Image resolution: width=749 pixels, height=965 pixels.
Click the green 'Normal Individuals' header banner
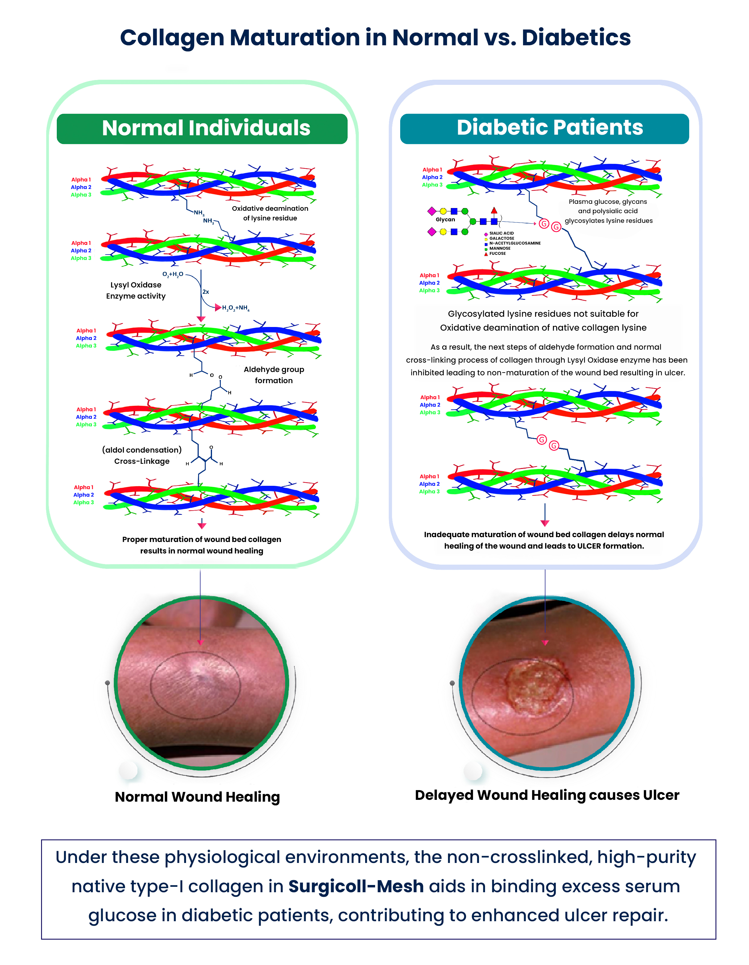tap(202, 129)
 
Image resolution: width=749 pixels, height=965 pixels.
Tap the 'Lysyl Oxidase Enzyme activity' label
tap(136, 290)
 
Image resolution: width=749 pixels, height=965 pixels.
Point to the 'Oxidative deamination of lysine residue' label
tap(270, 213)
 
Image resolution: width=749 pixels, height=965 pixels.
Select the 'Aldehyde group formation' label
tap(274, 375)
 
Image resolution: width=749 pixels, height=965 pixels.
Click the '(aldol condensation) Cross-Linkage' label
tap(142, 455)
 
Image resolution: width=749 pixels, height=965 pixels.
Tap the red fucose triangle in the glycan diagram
tap(494, 210)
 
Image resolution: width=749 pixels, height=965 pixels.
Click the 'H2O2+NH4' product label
tap(236, 308)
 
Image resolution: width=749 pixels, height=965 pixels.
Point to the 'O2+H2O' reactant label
tap(173, 274)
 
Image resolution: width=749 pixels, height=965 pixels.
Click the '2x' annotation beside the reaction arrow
tap(205, 292)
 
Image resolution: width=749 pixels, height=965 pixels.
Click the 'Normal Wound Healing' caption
tap(197, 797)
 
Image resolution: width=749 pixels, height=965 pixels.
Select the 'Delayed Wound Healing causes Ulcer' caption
tap(547, 795)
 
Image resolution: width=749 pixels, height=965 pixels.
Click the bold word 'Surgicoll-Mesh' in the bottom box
tap(356, 886)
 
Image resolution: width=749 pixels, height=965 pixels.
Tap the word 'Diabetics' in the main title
tap(576, 37)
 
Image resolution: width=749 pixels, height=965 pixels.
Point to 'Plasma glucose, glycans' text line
tap(608, 201)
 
